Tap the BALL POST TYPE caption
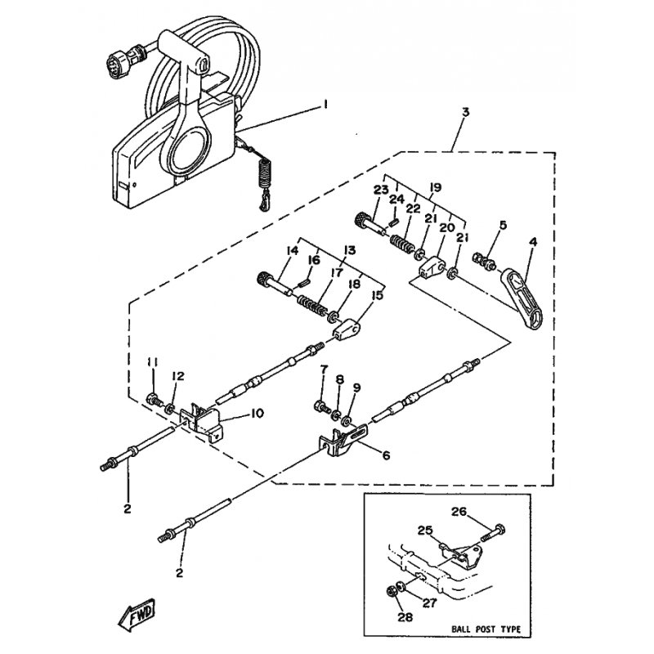486,629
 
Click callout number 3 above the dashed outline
466,112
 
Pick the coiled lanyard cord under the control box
263,178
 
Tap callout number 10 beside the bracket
257,414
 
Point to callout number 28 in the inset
405,617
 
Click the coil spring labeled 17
312,306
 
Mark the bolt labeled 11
155,400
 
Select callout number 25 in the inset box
425,531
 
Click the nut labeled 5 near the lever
484,261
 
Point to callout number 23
381,190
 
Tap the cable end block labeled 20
432,268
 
